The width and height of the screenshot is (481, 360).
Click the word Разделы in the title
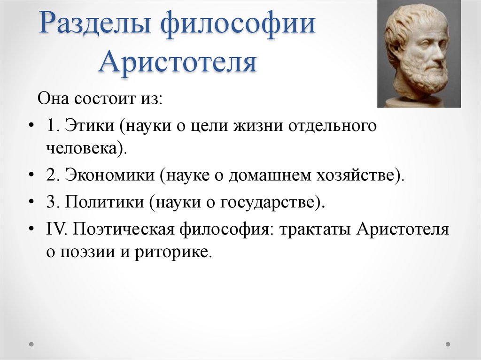click(95, 23)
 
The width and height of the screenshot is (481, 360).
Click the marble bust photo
click(419, 54)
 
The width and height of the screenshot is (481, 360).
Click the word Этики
click(90, 126)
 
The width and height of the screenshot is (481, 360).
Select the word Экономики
click(110, 176)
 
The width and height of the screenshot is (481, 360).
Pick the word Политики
click(104, 202)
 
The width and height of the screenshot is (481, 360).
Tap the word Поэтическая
click(124, 230)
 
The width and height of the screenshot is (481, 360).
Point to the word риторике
click(173, 253)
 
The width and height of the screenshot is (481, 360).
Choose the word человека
click(82, 149)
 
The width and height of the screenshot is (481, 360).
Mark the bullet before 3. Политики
click(31, 202)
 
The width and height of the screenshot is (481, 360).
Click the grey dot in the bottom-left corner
click(31, 344)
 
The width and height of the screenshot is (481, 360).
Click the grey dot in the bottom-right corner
click(448, 344)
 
